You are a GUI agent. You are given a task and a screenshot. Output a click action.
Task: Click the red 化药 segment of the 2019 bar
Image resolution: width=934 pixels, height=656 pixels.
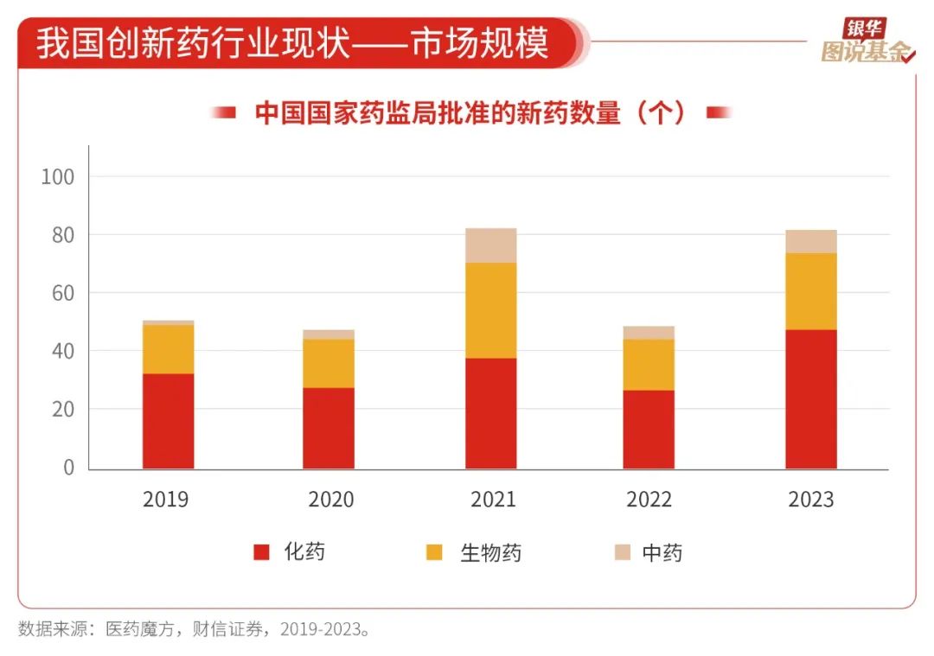click(x=168, y=421)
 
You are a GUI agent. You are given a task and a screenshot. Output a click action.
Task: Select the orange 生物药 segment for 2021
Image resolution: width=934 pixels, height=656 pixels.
click(x=491, y=310)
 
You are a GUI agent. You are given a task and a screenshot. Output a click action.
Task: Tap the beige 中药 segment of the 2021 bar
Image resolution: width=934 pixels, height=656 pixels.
click(x=491, y=245)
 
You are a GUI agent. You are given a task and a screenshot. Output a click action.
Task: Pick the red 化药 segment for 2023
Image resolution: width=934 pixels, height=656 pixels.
click(x=811, y=398)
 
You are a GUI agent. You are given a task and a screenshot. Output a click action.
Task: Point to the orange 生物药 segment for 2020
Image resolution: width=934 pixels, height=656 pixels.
click(x=329, y=363)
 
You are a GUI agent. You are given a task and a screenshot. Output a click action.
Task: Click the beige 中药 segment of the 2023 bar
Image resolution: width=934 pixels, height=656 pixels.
click(x=811, y=241)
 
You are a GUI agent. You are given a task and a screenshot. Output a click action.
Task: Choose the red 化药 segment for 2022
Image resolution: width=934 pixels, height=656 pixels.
click(x=649, y=429)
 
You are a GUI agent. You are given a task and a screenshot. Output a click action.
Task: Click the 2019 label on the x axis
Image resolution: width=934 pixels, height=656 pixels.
click(x=166, y=500)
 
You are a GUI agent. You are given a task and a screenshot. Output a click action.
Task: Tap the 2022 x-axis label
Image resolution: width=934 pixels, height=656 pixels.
click(x=649, y=500)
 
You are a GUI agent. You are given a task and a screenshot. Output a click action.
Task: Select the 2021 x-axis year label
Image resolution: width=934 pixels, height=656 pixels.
click(x=493, y=500)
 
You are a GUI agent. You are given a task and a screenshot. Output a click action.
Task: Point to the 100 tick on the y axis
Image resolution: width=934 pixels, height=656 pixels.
click(x=58, y=176)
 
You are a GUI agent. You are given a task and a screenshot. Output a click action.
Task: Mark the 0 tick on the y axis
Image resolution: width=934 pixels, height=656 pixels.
click(x=70, y=468)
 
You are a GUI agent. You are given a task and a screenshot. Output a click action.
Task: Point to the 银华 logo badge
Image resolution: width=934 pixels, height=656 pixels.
click(x=865, y=28)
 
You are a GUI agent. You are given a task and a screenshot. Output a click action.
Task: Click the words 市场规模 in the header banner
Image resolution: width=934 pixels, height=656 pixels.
click(x=480, y=44)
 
